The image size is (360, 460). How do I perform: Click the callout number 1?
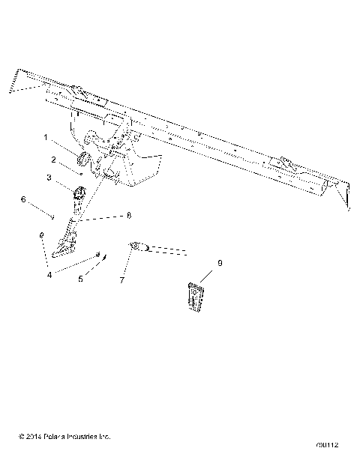(46, 139)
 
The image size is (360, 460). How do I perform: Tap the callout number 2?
(54, 160)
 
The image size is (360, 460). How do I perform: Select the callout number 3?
(49, 178)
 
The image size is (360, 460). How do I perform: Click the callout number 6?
(23, 199)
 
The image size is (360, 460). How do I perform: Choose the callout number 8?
(129, 215)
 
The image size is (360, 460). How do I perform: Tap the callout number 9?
(220, 264)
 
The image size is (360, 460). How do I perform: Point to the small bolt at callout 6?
(53, 217)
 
